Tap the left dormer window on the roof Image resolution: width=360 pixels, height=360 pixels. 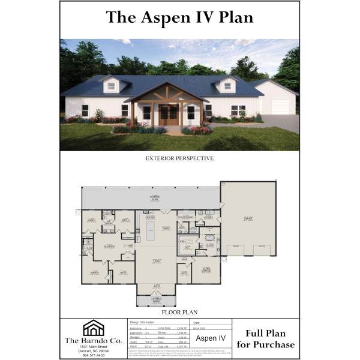tap(112, 86)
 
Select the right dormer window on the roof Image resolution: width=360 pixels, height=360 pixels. tap(228, 86)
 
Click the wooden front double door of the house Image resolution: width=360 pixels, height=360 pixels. tap(169, 115)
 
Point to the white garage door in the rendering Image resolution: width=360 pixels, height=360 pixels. tap(280, 107)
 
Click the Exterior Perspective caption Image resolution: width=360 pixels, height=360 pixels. tap(179, 159)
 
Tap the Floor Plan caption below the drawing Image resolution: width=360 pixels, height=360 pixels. tap(179, 313)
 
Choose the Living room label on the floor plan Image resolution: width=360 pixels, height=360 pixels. tap(156, 260)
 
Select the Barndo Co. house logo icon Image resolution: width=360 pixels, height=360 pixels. tap(92, 328)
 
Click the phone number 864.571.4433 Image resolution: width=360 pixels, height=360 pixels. tap(92, 356)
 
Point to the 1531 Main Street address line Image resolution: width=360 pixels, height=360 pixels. tap(92, 347)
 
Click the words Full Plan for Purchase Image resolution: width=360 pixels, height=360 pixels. tap(266, 339)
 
